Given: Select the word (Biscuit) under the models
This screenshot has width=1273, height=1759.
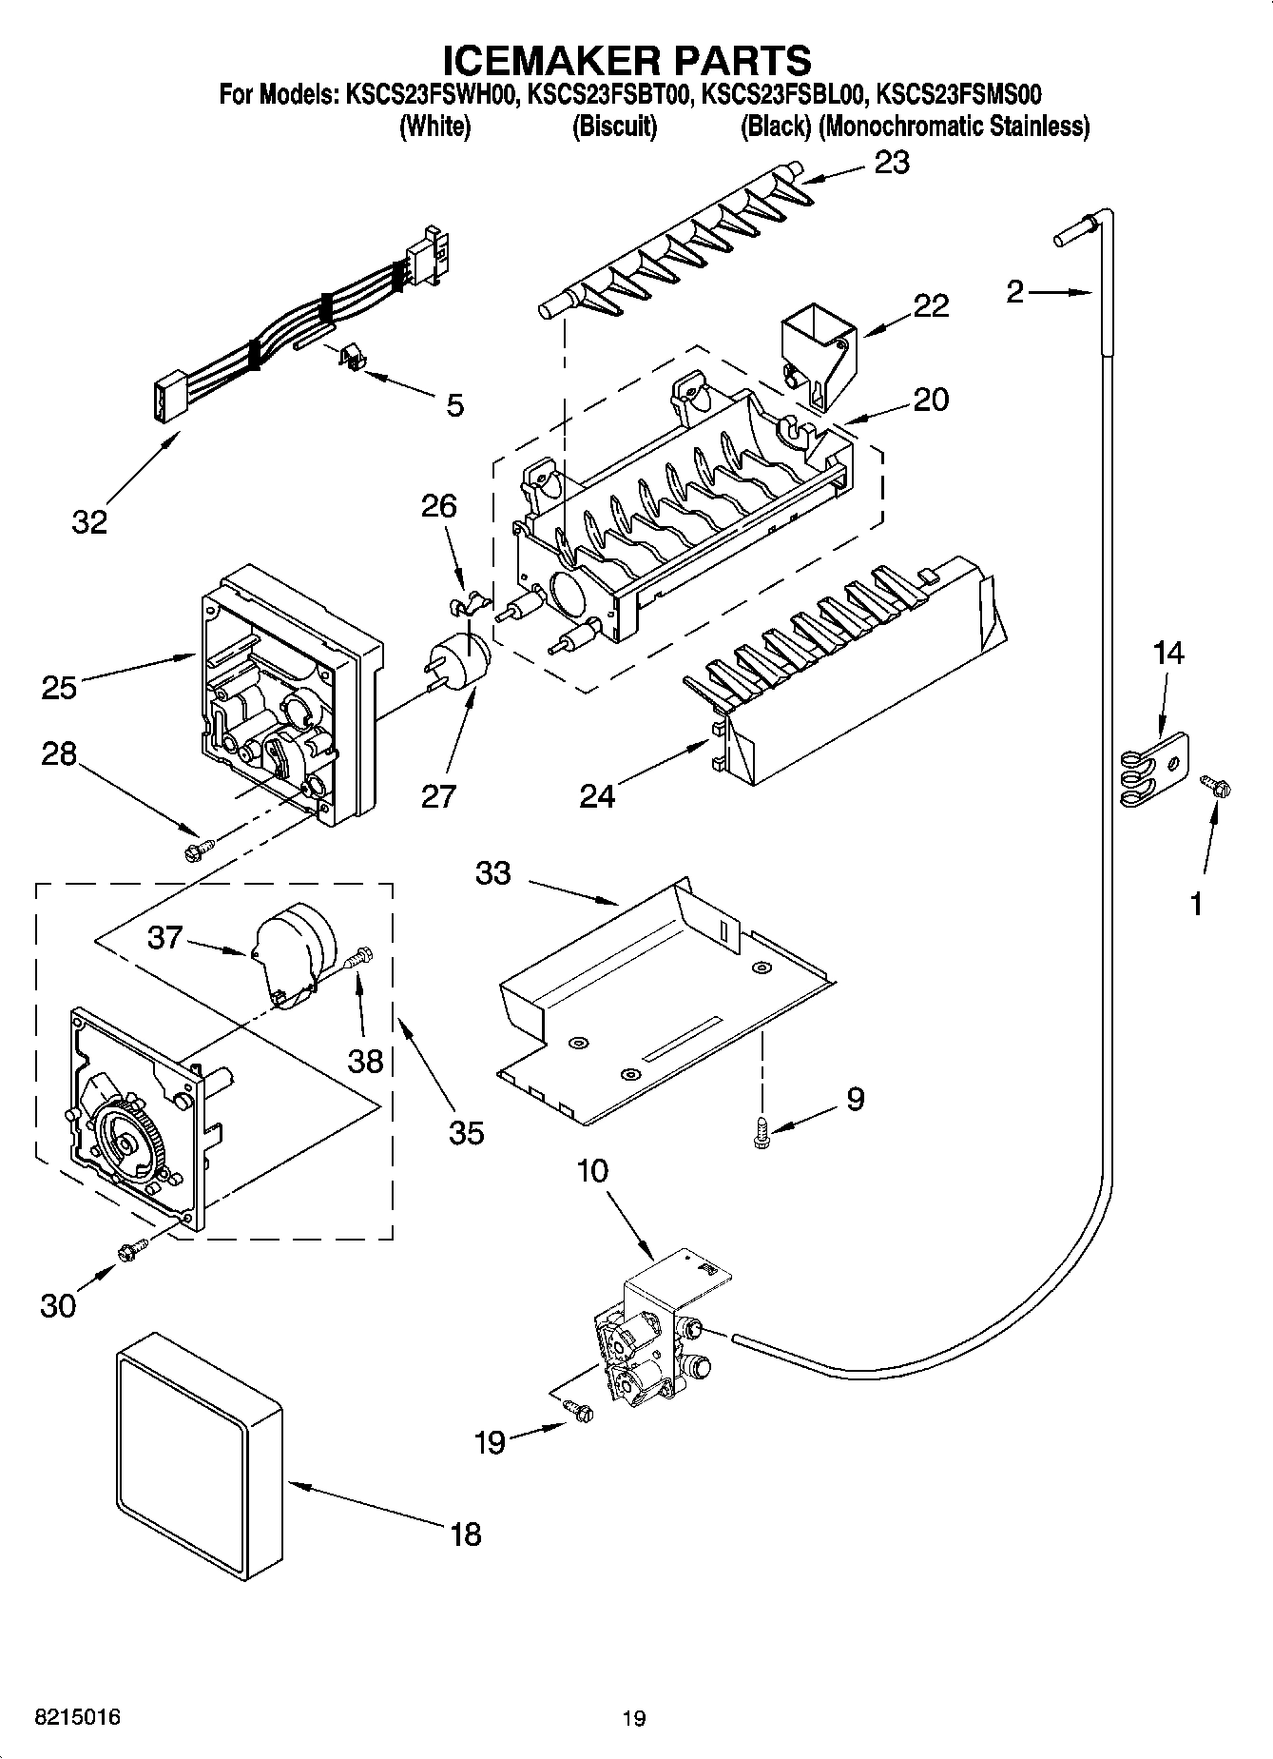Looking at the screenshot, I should [x=614, y=127].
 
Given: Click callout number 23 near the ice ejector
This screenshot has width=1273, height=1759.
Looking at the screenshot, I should [x=891, y=163].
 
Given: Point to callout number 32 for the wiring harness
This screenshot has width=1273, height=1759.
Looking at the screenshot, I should [x=89, y=521].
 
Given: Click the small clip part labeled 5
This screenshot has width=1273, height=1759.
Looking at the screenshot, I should [x=352, y=359].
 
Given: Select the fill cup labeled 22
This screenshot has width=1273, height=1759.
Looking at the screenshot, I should [x=816, y=352].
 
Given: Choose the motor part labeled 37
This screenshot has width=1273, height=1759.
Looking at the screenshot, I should [x=289, y=951].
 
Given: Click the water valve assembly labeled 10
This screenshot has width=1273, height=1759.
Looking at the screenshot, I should [x=656, y=1332].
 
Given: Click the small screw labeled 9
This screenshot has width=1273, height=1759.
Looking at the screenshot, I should [x=762, y=1135].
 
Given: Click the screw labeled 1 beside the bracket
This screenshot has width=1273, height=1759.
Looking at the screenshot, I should [x=1215, y=786].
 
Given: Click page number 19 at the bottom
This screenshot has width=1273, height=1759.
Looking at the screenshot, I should [x=634, y=1718].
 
